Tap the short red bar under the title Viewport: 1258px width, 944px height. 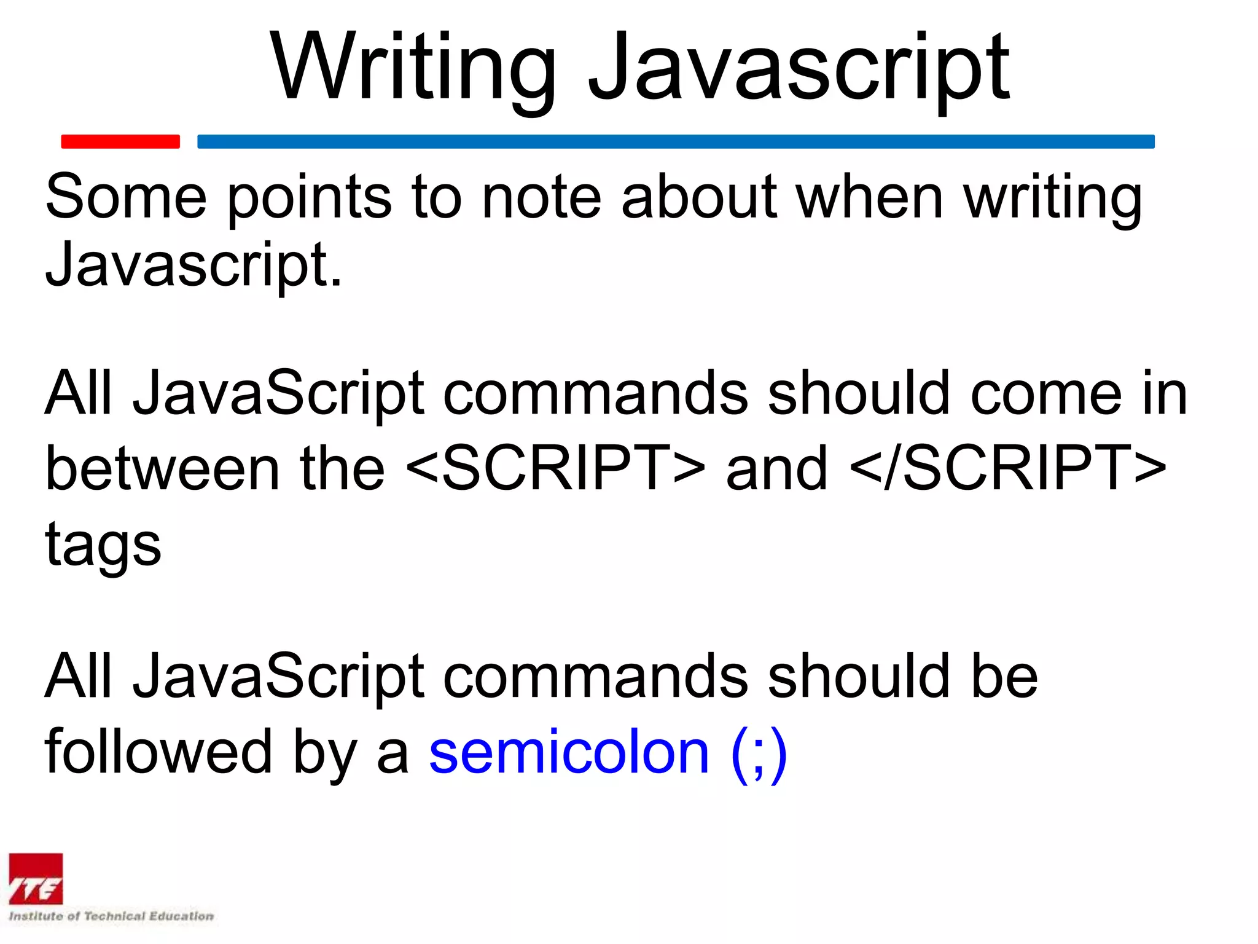click(x=120, y=141)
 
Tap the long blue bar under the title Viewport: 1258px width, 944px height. click(x=676, y=141)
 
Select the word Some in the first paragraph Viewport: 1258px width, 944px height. click(x=126, y=197)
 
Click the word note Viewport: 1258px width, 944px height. click(x=541, y=197)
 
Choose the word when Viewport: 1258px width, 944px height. click(x=869, y=197)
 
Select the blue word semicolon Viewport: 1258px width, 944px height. click(x=569, y=752)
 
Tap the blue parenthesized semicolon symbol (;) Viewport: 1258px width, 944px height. click(x=759, y=753)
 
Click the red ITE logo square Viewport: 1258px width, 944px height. click(x=36, y=879)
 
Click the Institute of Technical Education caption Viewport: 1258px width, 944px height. click(x=111, y=916)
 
